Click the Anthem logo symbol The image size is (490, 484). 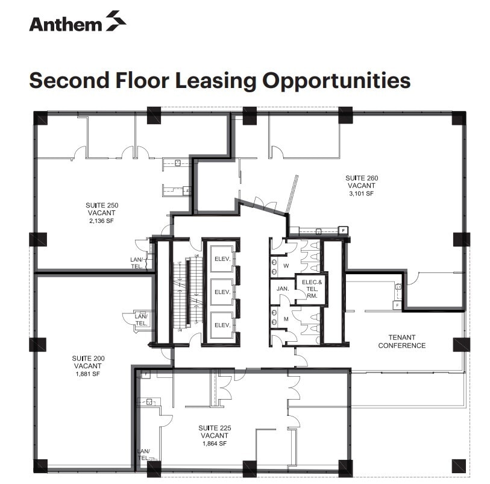coord(116,20)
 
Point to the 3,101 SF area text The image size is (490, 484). coord(361,194)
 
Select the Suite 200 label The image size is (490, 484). coord(89,358)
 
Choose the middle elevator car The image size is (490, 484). coord(222,292)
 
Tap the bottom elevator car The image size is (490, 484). coord(222,325)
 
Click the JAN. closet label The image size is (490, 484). coord(283,289)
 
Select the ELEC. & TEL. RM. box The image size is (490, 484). coord(311,289)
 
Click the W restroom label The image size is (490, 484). coord(287,265)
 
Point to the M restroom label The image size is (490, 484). coord(287,318)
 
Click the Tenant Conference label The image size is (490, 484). coord(401,342)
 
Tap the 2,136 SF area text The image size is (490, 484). coord(101,221)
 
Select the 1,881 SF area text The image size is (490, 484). coord(89,373)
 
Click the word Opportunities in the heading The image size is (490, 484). coord(338,80)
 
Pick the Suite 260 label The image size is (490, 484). coord(361,178)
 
